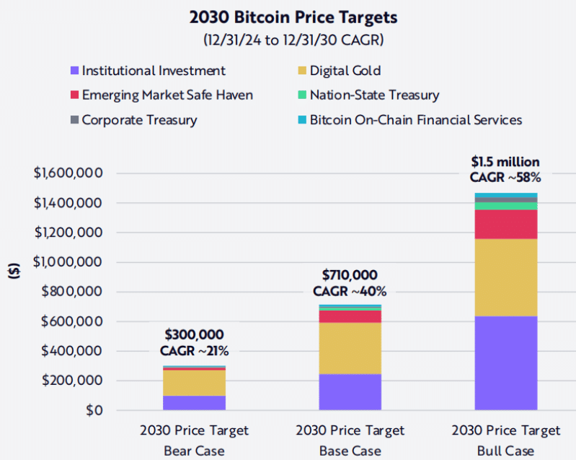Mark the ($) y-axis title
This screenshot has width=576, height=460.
14,272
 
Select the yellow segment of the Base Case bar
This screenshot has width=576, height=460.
350,347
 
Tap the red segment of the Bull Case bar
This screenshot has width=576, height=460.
506,224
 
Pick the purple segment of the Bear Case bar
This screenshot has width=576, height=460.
194,403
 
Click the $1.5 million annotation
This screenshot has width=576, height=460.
506,162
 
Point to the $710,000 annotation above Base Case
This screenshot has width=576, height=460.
350,275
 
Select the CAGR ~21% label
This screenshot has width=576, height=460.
194,351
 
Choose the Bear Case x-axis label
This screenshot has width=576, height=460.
194,451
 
